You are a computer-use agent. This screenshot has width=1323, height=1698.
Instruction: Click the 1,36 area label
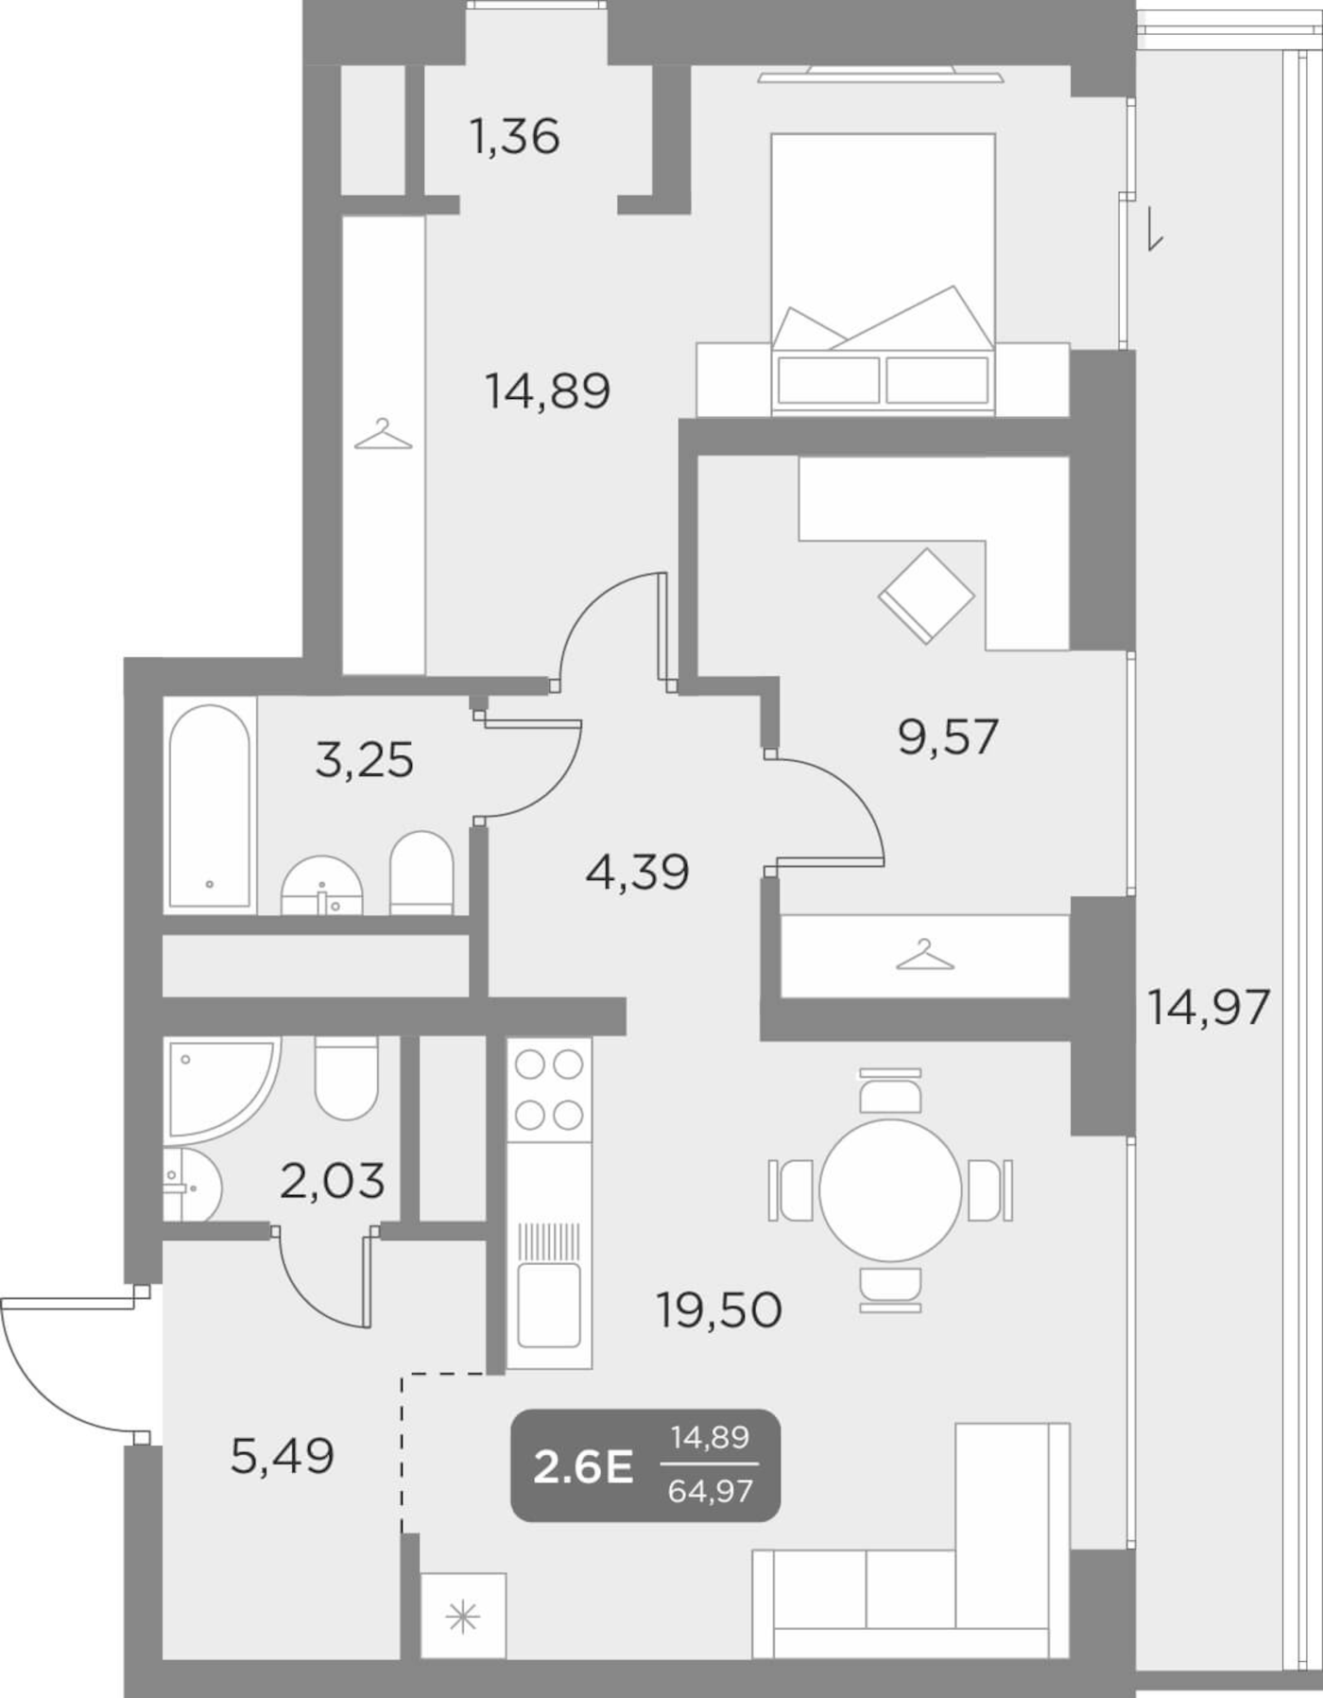[514, 136]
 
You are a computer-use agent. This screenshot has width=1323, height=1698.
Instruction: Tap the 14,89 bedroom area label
[548, 390]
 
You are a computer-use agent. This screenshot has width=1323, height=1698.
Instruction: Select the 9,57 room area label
[948, 736]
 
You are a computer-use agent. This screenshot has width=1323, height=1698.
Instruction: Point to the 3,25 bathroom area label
[364, 759]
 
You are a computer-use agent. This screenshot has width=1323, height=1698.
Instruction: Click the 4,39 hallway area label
[637, 872]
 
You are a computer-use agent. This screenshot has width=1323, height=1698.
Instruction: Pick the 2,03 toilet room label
[333, 1181]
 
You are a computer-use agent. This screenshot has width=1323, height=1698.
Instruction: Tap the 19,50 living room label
[719, 1310]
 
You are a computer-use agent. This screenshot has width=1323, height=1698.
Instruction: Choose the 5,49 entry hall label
[282, 1456]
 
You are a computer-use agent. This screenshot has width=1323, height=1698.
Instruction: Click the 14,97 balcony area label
[1208, 1007]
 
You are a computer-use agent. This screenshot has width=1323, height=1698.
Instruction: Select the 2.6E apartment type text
[583, 1468]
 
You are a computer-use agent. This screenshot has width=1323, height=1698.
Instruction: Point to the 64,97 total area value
[710, 1492]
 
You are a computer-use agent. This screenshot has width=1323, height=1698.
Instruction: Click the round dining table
[890, 1190]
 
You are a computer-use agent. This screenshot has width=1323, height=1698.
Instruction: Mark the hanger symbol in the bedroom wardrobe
[383, 435]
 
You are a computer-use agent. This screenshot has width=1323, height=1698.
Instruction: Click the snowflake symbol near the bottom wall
[463, 1620]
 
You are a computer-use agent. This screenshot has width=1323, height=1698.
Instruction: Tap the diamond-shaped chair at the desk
[925, 596]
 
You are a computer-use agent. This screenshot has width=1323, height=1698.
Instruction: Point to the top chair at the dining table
[890, 1091]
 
